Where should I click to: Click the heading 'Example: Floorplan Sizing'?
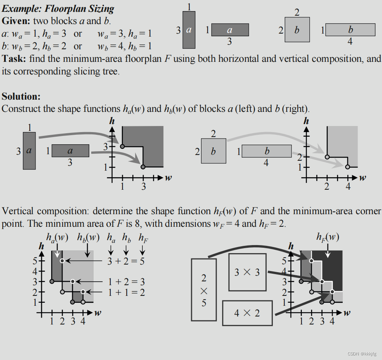pyautogui.click(x=58, y=9)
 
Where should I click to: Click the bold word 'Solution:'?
pyautogui.click(x=21, y=96)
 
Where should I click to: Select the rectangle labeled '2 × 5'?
pyautogui.click(x=204, y=289)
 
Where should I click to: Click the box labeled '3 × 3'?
pyautogui.click(x=247, y=272)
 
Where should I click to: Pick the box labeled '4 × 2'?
pyautogui.click(x=247, y=313)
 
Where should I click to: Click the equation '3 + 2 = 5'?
pyautogui.click(x=126, y=261)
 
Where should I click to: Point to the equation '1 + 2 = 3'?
pyautogui.click(x=126, y=282)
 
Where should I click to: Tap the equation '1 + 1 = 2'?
pyautogui.click(x=126, y=292)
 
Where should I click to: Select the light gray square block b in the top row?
pyautogui.click(x=297, y=29)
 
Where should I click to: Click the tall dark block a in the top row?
pyautogui.click(x=189, y=29)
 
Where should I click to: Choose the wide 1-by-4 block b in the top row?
pyautogui.click(x=350, y=29)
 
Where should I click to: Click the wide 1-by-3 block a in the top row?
pyautogui.click(x=230, y=29)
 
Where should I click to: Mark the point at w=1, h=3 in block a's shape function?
pyautogui.click(x=122, y=146)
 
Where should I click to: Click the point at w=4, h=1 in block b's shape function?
pyautogui.click(x=348, y=167)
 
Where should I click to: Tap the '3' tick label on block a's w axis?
pyautogui.click(x=143, y=187)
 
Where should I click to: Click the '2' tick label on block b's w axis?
pyautogui.click(x=327, y=187)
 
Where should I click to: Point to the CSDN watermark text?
pyautogui.click(x=362, y=354)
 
